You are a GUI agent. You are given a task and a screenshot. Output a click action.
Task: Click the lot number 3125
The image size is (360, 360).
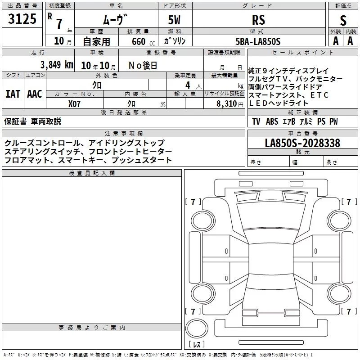point(22,19)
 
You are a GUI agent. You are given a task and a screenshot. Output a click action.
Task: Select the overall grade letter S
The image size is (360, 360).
point(343,20)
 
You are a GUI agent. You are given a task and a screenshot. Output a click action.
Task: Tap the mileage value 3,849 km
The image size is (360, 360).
point(57,65)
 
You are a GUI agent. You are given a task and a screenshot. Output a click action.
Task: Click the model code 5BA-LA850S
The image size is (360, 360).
point(258,41)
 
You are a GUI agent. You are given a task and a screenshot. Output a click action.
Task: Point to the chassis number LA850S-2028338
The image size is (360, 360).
point(302,143)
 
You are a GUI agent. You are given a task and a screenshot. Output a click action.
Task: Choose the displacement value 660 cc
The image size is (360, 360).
point(143,41)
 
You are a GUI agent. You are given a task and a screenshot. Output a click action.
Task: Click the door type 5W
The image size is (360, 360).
point(174,20)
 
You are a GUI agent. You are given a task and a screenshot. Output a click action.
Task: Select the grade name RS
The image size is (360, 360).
point(258,20)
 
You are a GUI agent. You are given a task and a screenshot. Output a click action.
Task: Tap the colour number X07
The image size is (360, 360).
point(74,104)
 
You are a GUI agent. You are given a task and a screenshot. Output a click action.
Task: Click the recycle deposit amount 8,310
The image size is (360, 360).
point(227,103)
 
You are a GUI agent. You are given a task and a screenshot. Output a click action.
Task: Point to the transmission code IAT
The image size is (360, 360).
point(13,94)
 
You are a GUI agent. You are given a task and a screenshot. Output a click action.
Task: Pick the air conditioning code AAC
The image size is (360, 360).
point(35,94)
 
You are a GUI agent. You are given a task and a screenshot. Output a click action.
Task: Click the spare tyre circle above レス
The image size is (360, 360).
point(197,328)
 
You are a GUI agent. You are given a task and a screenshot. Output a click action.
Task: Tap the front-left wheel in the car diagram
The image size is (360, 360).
point(202,221)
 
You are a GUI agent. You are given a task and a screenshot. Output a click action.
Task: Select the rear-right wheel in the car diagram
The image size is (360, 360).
point(339,293)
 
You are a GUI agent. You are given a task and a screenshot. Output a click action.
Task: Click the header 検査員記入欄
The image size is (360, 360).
point(92,173)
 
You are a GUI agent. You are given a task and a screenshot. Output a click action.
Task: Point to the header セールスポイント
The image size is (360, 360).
point(302,53)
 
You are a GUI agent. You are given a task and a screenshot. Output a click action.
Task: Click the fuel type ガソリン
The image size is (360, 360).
point(175,41)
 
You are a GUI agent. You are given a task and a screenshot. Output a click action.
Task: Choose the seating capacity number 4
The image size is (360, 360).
point(188,85)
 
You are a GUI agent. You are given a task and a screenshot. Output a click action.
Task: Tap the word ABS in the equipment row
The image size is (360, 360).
point(272,121)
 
